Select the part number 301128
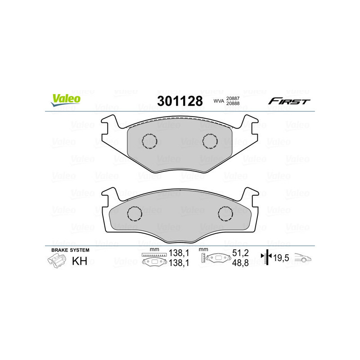pos(180,101)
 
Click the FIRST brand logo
pos(289,101)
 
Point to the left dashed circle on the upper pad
pos(149,141)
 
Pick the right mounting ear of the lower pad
pos(250,196)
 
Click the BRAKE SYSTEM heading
pos(70,250)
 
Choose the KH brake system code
pos(79,261)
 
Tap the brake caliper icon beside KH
pos(55,261)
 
